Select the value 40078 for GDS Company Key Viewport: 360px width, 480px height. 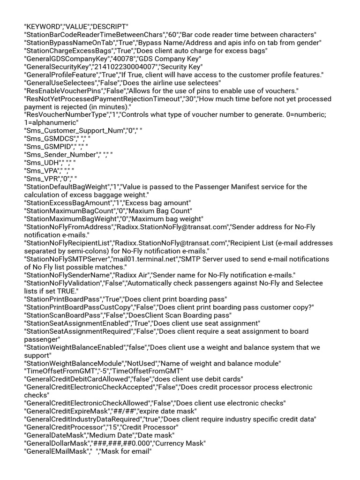(120, 58)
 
